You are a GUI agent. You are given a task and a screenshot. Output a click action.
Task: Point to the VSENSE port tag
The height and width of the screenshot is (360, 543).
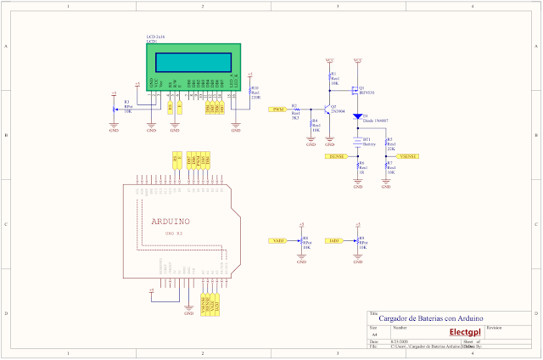408,157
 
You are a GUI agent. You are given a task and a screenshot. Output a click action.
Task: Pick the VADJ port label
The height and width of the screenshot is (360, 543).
277,241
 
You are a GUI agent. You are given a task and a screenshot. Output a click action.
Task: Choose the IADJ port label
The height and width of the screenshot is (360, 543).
335,241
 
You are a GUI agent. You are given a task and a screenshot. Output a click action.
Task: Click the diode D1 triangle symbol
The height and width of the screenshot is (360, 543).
357,116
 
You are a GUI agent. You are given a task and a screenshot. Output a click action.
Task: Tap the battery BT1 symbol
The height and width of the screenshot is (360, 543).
357,143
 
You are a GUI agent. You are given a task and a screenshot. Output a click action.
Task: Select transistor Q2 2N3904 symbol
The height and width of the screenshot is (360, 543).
327,110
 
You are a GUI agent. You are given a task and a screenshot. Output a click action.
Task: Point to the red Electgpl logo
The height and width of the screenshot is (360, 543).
466,332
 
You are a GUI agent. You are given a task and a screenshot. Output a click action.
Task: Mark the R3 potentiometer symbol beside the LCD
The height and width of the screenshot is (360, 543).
115,109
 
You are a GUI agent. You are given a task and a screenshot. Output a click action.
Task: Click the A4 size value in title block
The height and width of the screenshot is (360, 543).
373,334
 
